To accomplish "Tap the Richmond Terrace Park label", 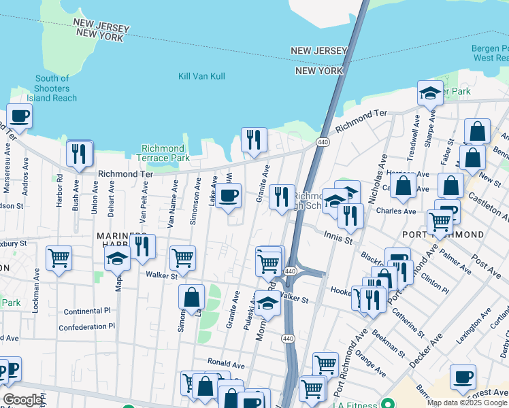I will [x=163, y=153].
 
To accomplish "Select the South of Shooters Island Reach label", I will [x=52, y=88].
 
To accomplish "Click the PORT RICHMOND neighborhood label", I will [x=443, y=235].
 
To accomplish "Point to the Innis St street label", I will [x=338, y=239].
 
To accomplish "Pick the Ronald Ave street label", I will [x=226, y=362].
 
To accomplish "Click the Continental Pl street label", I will [x=87, y=311].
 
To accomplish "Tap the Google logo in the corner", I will [x=22, y=400].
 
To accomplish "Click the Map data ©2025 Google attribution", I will [x=467, y=403].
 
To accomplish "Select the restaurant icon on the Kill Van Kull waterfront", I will [x=254, y=140].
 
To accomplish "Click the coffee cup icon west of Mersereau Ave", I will [x=19, y=116].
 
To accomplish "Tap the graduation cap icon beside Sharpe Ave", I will [x=429, y=93].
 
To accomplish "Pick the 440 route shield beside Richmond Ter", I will [x=323, y=142].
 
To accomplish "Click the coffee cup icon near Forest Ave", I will [x=463, y=377].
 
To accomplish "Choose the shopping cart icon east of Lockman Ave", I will [x=59, y=258].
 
